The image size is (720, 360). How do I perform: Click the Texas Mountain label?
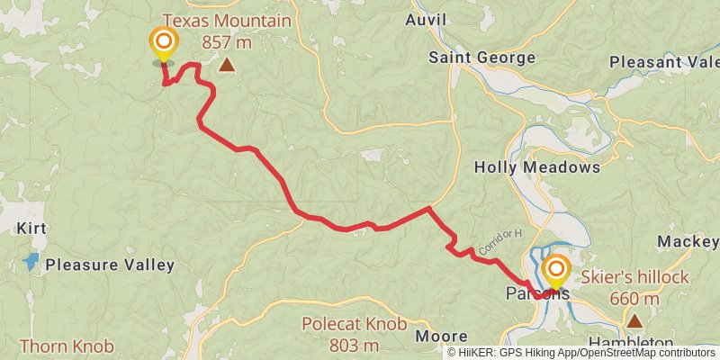click(x=227, y=21)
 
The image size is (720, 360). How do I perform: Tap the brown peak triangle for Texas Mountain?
click(x=228, y=65)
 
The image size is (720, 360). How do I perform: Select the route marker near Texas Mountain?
click(x=163, y=43)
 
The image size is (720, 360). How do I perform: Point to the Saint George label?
click(x=481, y=58)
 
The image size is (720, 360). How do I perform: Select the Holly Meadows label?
click(x=536, y=167)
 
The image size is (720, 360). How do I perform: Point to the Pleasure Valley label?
click(x=110, y=265)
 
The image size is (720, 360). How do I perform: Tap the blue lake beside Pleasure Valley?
click(x=31, y=263)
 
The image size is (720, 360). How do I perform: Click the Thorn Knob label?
click(x=67, y=346)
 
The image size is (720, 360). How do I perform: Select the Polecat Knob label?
click(x=354, y=324)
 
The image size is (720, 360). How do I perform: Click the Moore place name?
click(x=441, y=337)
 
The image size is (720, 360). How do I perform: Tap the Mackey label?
click(x=688, y=241)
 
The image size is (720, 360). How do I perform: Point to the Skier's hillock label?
click(x=635, y=276)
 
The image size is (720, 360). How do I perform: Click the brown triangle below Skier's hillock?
click(x=635, y=320)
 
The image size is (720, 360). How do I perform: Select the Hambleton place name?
click(x=631, y=344)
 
